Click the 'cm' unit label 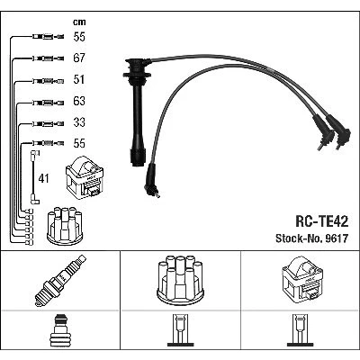(x=79, y=22)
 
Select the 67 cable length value (x=79, y=58)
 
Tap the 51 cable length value (x=79, y=79)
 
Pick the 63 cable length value (x=79, y=101)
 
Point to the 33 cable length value (x=79, y=122)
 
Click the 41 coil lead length (x=43, y=179)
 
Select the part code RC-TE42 (x=322, y=221)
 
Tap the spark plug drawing (x=60, y=281)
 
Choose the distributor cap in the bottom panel (x=180, y=279)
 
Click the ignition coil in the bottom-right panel (x=302, y=279)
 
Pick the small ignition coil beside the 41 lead (x=85, y=178)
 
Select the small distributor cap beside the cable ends (x=65, y=224)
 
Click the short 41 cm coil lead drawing (x=34, y=177)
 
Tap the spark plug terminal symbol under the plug (x=60, y=330)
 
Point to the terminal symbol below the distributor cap (x=180, y=330)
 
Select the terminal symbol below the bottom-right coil (x=301, y=330)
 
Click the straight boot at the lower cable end (x=151, y=181)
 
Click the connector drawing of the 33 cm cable (x=48, y=123)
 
